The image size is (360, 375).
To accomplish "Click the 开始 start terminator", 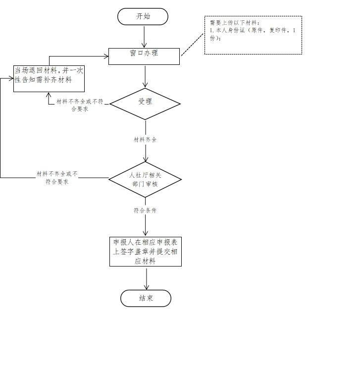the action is [x=143, y=16].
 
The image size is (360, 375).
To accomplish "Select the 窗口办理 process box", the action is [x=144, y=56].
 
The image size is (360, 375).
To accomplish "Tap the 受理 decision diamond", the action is [x=145, y=104].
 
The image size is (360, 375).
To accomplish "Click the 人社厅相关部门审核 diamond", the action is [x=145, y=179].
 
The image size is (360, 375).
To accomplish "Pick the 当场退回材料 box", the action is [x=49, y=79].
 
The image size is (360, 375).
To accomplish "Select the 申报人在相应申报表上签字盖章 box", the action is [x=146, y=252].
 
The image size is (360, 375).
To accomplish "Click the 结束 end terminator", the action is [x=146, y=298].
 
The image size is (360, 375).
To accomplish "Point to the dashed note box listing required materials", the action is [x=253, y=35].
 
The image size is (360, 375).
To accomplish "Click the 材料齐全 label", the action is [x=145, y=140].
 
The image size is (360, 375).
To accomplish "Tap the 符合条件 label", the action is [x=145, y=211].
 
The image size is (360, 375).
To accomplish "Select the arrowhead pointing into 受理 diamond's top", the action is [x=145, y=85].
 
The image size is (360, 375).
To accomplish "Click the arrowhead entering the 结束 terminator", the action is [x=147, y=287].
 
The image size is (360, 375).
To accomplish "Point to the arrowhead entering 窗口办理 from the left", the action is [x=106, y=56].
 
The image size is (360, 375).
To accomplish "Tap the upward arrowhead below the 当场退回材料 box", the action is [x=49, y=95].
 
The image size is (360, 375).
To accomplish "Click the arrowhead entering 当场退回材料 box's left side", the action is [x=11, y=78].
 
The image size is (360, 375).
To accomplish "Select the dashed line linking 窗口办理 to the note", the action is [x=193, y=45].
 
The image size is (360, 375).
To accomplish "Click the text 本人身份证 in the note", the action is [x=230, y=30].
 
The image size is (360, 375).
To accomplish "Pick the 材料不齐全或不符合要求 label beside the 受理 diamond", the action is [x=80, y=105].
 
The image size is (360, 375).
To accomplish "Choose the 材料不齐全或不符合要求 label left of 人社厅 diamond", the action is [x=57, y=178].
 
